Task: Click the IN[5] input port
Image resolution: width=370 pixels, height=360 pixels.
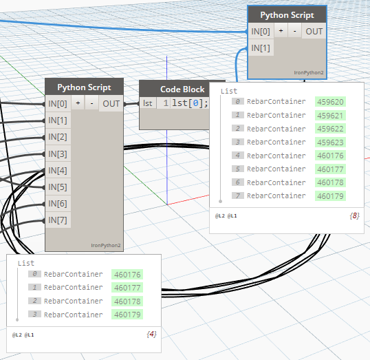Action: [58, 187]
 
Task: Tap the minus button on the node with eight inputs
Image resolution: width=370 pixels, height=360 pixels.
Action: [91, 103]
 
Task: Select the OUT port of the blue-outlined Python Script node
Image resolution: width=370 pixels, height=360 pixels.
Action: [314, 31]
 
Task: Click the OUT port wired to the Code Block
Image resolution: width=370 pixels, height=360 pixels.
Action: [111, 103]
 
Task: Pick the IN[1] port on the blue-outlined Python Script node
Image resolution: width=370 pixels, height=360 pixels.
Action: [261, 48]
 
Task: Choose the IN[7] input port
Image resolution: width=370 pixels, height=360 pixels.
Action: [58, 220]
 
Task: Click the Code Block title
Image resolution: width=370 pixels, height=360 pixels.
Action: [182, 89]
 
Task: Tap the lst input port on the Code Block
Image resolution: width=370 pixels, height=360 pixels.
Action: [148, 103]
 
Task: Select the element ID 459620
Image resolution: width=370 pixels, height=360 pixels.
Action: [330, 102]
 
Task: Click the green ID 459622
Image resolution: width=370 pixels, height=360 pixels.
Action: [330, 129]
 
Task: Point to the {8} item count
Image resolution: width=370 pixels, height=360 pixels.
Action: [354, 215]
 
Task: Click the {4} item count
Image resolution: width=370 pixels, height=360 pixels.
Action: [151, 334]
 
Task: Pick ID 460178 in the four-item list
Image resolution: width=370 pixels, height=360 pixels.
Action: [127, 301]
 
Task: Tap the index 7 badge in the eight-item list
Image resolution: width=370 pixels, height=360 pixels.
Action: [238, 195]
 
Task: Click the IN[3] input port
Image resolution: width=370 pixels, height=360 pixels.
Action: [58, 154]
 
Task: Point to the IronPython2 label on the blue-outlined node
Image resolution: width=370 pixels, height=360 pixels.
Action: [309, 72]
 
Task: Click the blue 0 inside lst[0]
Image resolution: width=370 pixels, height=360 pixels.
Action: [195, 103]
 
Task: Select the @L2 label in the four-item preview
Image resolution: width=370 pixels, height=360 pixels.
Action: [17, 335]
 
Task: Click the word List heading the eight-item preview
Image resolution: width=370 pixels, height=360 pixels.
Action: [229, 91]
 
